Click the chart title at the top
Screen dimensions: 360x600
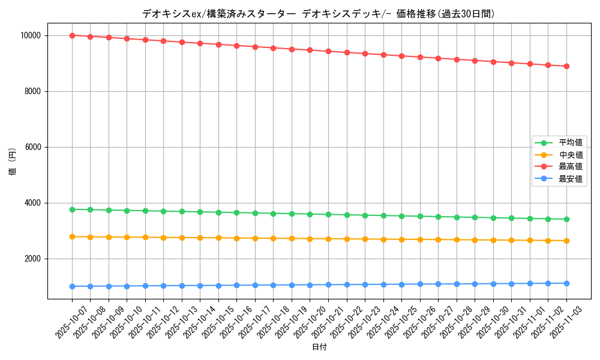319,14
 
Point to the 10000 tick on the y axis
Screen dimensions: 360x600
29,35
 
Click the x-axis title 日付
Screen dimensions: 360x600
319,347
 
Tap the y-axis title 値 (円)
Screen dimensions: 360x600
13,162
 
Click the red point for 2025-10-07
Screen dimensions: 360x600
72,35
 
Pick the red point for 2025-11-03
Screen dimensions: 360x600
566,66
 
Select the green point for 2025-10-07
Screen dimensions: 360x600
72,209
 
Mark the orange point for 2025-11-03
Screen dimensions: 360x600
566,241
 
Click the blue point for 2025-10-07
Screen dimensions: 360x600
72,286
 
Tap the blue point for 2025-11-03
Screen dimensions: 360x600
566,283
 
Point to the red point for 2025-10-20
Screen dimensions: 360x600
310,50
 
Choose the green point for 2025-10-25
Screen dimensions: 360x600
401,216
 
